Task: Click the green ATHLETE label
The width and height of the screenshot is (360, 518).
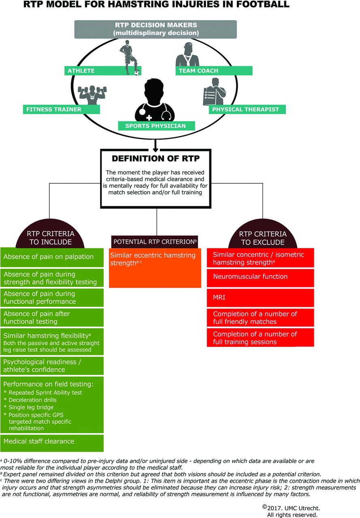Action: pos(103,70)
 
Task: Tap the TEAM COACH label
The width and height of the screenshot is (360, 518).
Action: pos(214,70)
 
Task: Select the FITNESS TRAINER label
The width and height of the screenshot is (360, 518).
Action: pos(61,109)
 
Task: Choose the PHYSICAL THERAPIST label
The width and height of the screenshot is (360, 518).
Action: pos(247,109)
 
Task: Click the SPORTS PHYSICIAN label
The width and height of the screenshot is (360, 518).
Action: pos(156,126)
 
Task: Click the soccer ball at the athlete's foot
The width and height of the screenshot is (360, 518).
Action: pos(137,72)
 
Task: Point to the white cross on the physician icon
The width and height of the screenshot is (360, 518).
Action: pos(149,118)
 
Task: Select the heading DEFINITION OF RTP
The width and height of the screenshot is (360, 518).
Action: pos(156,158)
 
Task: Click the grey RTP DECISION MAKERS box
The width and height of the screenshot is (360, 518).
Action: pos(156,29)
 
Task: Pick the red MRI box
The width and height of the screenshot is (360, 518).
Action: pos(260,297)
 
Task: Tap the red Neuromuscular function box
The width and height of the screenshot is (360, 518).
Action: pos(260,278)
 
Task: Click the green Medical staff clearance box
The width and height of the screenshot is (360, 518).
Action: pos(52,443)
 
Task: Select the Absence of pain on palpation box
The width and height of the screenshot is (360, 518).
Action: pos(52,257)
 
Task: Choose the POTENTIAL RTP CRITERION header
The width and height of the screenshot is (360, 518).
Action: pos(155,242)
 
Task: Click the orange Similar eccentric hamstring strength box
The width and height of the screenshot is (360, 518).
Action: pos(155,268)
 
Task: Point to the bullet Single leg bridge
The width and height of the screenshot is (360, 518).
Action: pos(29,407)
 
